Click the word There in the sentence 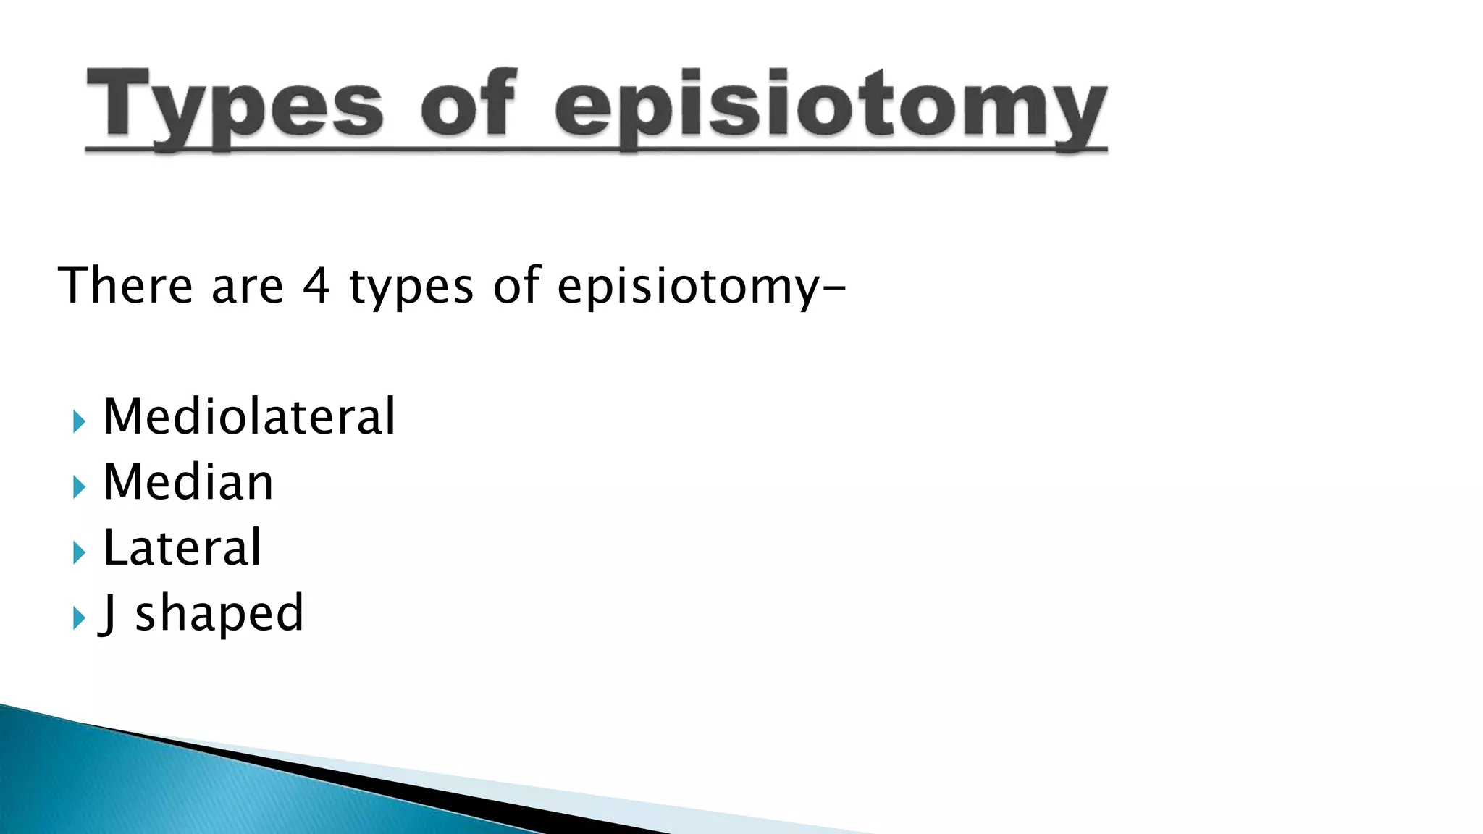click(125, 285)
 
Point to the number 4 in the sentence click(316, 285)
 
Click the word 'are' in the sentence click(247, 287)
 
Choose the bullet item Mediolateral click(249, 417)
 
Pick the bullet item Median click(188, 482)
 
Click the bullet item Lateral click(182, 548)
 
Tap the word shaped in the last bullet click(219, 614)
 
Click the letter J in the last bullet click(109, 614)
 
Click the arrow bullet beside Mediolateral click(79, 421)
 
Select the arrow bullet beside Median click(79, 486)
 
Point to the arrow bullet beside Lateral click(79, 553)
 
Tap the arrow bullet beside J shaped click(79, 618)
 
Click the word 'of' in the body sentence click(516, 285)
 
